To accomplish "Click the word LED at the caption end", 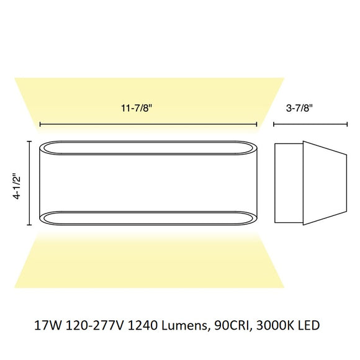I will click(308, 324).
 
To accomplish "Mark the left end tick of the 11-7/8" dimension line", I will click(40, 125).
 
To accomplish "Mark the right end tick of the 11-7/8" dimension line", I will click(256, 125).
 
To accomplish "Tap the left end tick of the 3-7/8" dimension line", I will click(274, 125).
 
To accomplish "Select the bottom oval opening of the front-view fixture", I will click(148, 218).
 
